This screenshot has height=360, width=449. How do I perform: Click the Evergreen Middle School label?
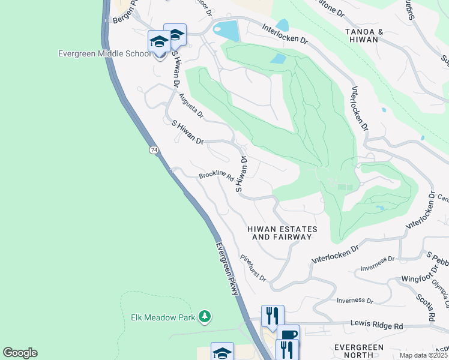click(104, 53)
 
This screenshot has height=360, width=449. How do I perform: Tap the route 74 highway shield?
click(154, 149)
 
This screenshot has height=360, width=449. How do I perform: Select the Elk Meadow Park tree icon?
click(205, 316)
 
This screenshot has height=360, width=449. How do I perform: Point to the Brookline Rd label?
click(215, 175)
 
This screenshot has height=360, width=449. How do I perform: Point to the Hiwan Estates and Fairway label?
click(282, 233)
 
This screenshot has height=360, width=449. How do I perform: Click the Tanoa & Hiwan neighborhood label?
click(361, 35)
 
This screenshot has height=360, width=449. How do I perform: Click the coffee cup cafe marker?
click(289, 335)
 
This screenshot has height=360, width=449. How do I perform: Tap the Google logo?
click(20, 353)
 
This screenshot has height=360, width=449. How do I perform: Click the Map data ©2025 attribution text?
click(423, 355)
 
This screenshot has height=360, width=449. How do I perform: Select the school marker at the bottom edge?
click(222, 352)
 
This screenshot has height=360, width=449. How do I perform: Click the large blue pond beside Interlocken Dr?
click(226, 30)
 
